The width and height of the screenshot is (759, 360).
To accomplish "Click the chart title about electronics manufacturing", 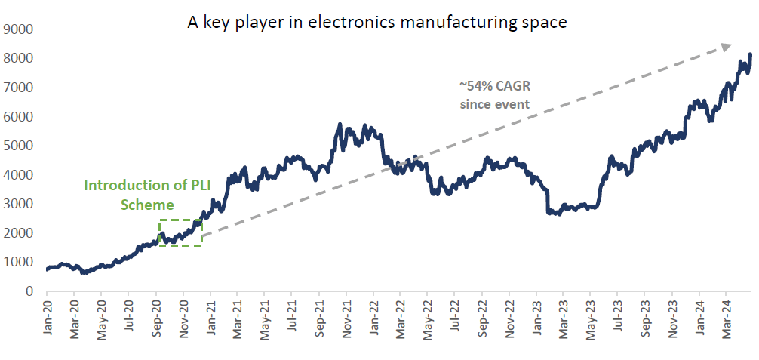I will click(x=376, y=23).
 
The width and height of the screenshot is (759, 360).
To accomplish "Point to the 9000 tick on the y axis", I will click(x=21, y=29).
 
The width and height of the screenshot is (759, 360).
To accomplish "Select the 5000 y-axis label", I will click(x=21, y=146).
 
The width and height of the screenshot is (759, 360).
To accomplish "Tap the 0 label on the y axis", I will click(x=29, y=291).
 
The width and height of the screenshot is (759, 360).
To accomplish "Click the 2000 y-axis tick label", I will click(x=21, y=233).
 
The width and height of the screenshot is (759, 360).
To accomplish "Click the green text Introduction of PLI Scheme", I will click(x=137, y=194).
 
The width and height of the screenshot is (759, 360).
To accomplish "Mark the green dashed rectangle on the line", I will click(x=180, y=232).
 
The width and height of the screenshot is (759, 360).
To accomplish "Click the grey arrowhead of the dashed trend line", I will click(x=726, y=47).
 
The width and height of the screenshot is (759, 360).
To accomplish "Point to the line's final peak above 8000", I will click(x=750, y=54).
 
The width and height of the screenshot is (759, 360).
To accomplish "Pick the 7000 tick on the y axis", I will click(x=21, y=88).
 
